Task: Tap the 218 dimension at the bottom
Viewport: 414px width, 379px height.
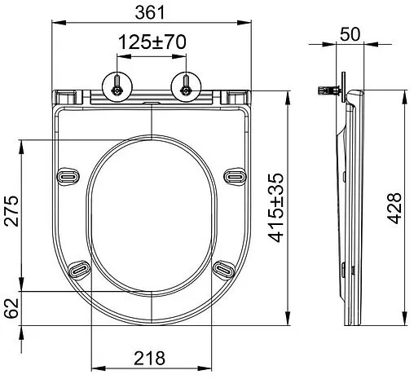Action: point(151,357)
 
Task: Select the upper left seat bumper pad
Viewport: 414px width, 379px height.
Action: point(68,176)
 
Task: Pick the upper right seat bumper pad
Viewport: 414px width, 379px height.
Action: point(236,176)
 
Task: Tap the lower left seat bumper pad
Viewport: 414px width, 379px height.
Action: point(81,268)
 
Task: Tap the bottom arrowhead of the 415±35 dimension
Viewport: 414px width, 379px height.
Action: point(290,321)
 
